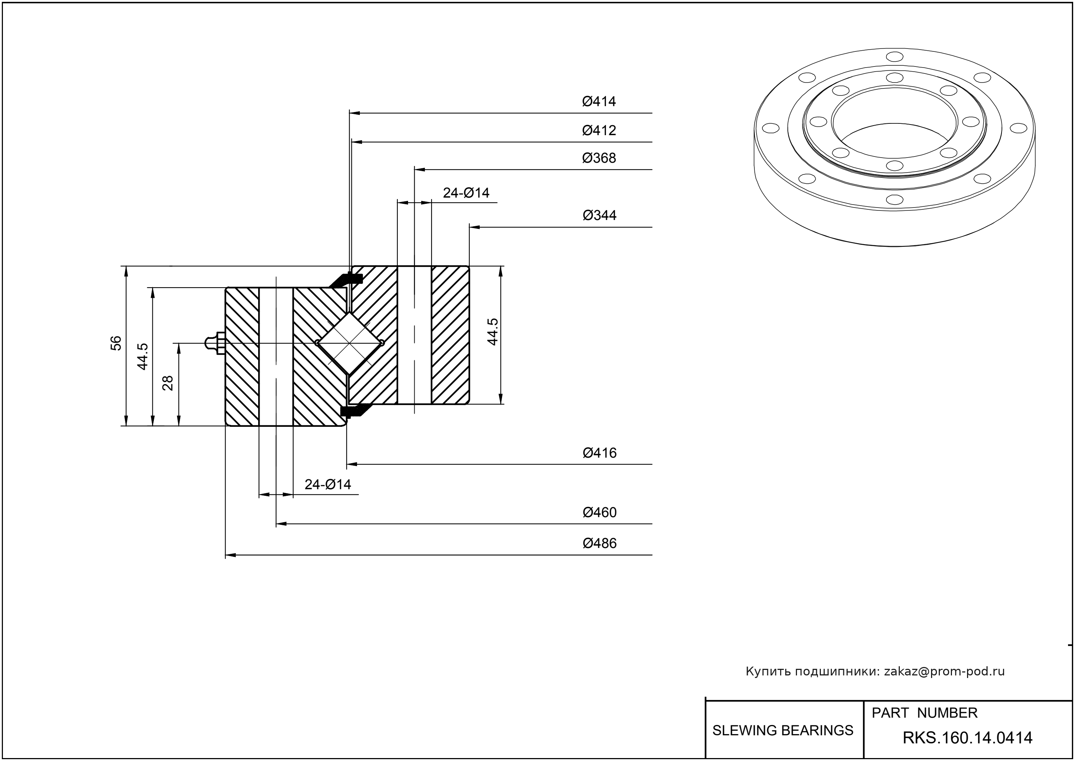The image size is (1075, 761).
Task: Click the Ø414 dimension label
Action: coord(599,101)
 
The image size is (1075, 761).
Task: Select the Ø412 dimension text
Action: coord(599,130)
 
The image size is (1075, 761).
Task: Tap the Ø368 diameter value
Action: coord(599,158)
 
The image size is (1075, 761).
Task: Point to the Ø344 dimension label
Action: coord(599,215)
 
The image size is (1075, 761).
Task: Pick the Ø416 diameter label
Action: coord(599,452)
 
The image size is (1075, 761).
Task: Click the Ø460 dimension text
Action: coord(599,512)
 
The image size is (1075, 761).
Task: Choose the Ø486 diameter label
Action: coord(599,543)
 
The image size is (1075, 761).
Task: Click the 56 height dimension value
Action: coord(116,343)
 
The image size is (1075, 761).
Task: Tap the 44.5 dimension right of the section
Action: coord(493,332)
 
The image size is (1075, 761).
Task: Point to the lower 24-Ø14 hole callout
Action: coord(328,484)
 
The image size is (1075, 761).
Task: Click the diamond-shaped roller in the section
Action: coord(350,343)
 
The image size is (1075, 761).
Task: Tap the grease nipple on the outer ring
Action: coord(214,343)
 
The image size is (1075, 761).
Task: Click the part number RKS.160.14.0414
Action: coord(967,738)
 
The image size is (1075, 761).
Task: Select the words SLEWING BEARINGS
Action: coord(783,730)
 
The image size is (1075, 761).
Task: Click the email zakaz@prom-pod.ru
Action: coord(944,671)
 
